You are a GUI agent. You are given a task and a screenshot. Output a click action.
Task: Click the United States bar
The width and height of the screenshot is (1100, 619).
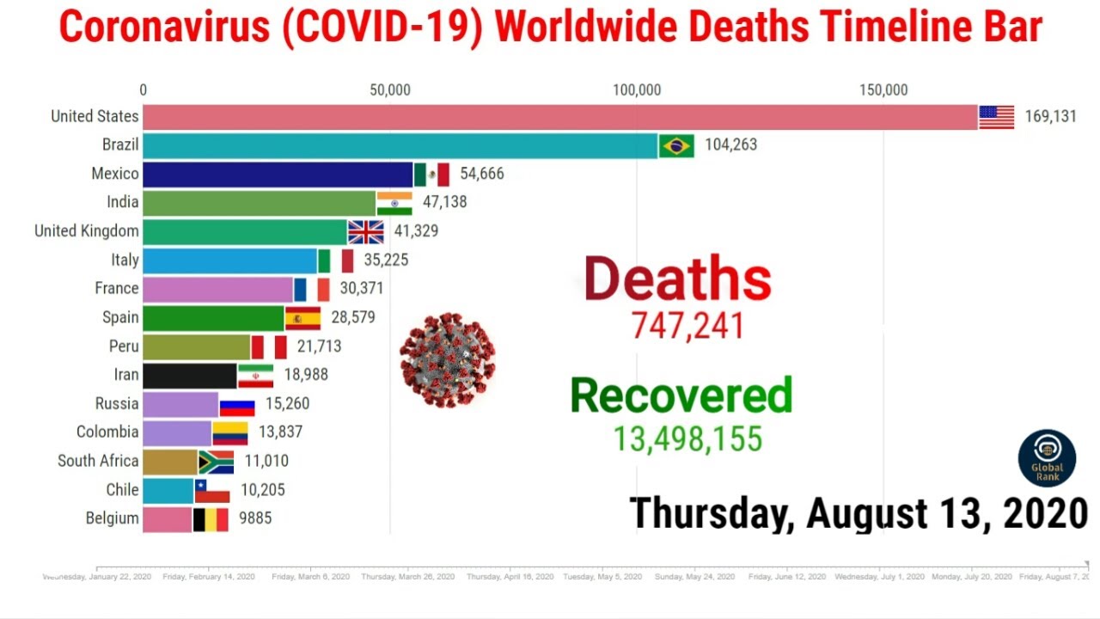(559, 117)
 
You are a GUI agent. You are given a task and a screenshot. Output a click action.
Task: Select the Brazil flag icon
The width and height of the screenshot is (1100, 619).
(676, 145)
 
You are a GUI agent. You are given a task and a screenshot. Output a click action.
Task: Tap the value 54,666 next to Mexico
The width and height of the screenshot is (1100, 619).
(482, 174)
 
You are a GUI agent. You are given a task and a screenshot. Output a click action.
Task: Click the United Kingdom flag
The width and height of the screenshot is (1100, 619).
(366, 232)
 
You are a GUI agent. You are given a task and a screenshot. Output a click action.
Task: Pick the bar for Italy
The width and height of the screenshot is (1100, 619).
(229, 260)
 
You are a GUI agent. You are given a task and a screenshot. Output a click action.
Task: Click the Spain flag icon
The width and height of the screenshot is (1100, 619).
(302, 318)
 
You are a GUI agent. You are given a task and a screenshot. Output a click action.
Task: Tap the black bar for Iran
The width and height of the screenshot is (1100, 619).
(189, 376)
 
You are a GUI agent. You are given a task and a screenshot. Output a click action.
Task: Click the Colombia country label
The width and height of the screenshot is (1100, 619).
(107, 432)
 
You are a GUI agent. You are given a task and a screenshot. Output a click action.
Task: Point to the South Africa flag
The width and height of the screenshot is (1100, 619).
(217, 462)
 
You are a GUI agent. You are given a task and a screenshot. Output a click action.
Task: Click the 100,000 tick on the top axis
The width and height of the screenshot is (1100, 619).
(637, 90)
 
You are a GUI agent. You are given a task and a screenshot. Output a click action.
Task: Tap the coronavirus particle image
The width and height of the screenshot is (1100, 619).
(447, 359)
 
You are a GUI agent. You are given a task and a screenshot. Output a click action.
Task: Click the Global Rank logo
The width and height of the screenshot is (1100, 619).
(1047, 458)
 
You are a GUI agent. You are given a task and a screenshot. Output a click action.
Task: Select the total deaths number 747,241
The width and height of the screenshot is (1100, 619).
(687, 326)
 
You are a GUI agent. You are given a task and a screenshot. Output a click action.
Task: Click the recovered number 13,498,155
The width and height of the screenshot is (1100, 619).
(687, 439)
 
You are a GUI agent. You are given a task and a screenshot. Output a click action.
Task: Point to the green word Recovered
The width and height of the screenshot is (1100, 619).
(681, 395)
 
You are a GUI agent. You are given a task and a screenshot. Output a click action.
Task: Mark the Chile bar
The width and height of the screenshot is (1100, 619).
(168, 490)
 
